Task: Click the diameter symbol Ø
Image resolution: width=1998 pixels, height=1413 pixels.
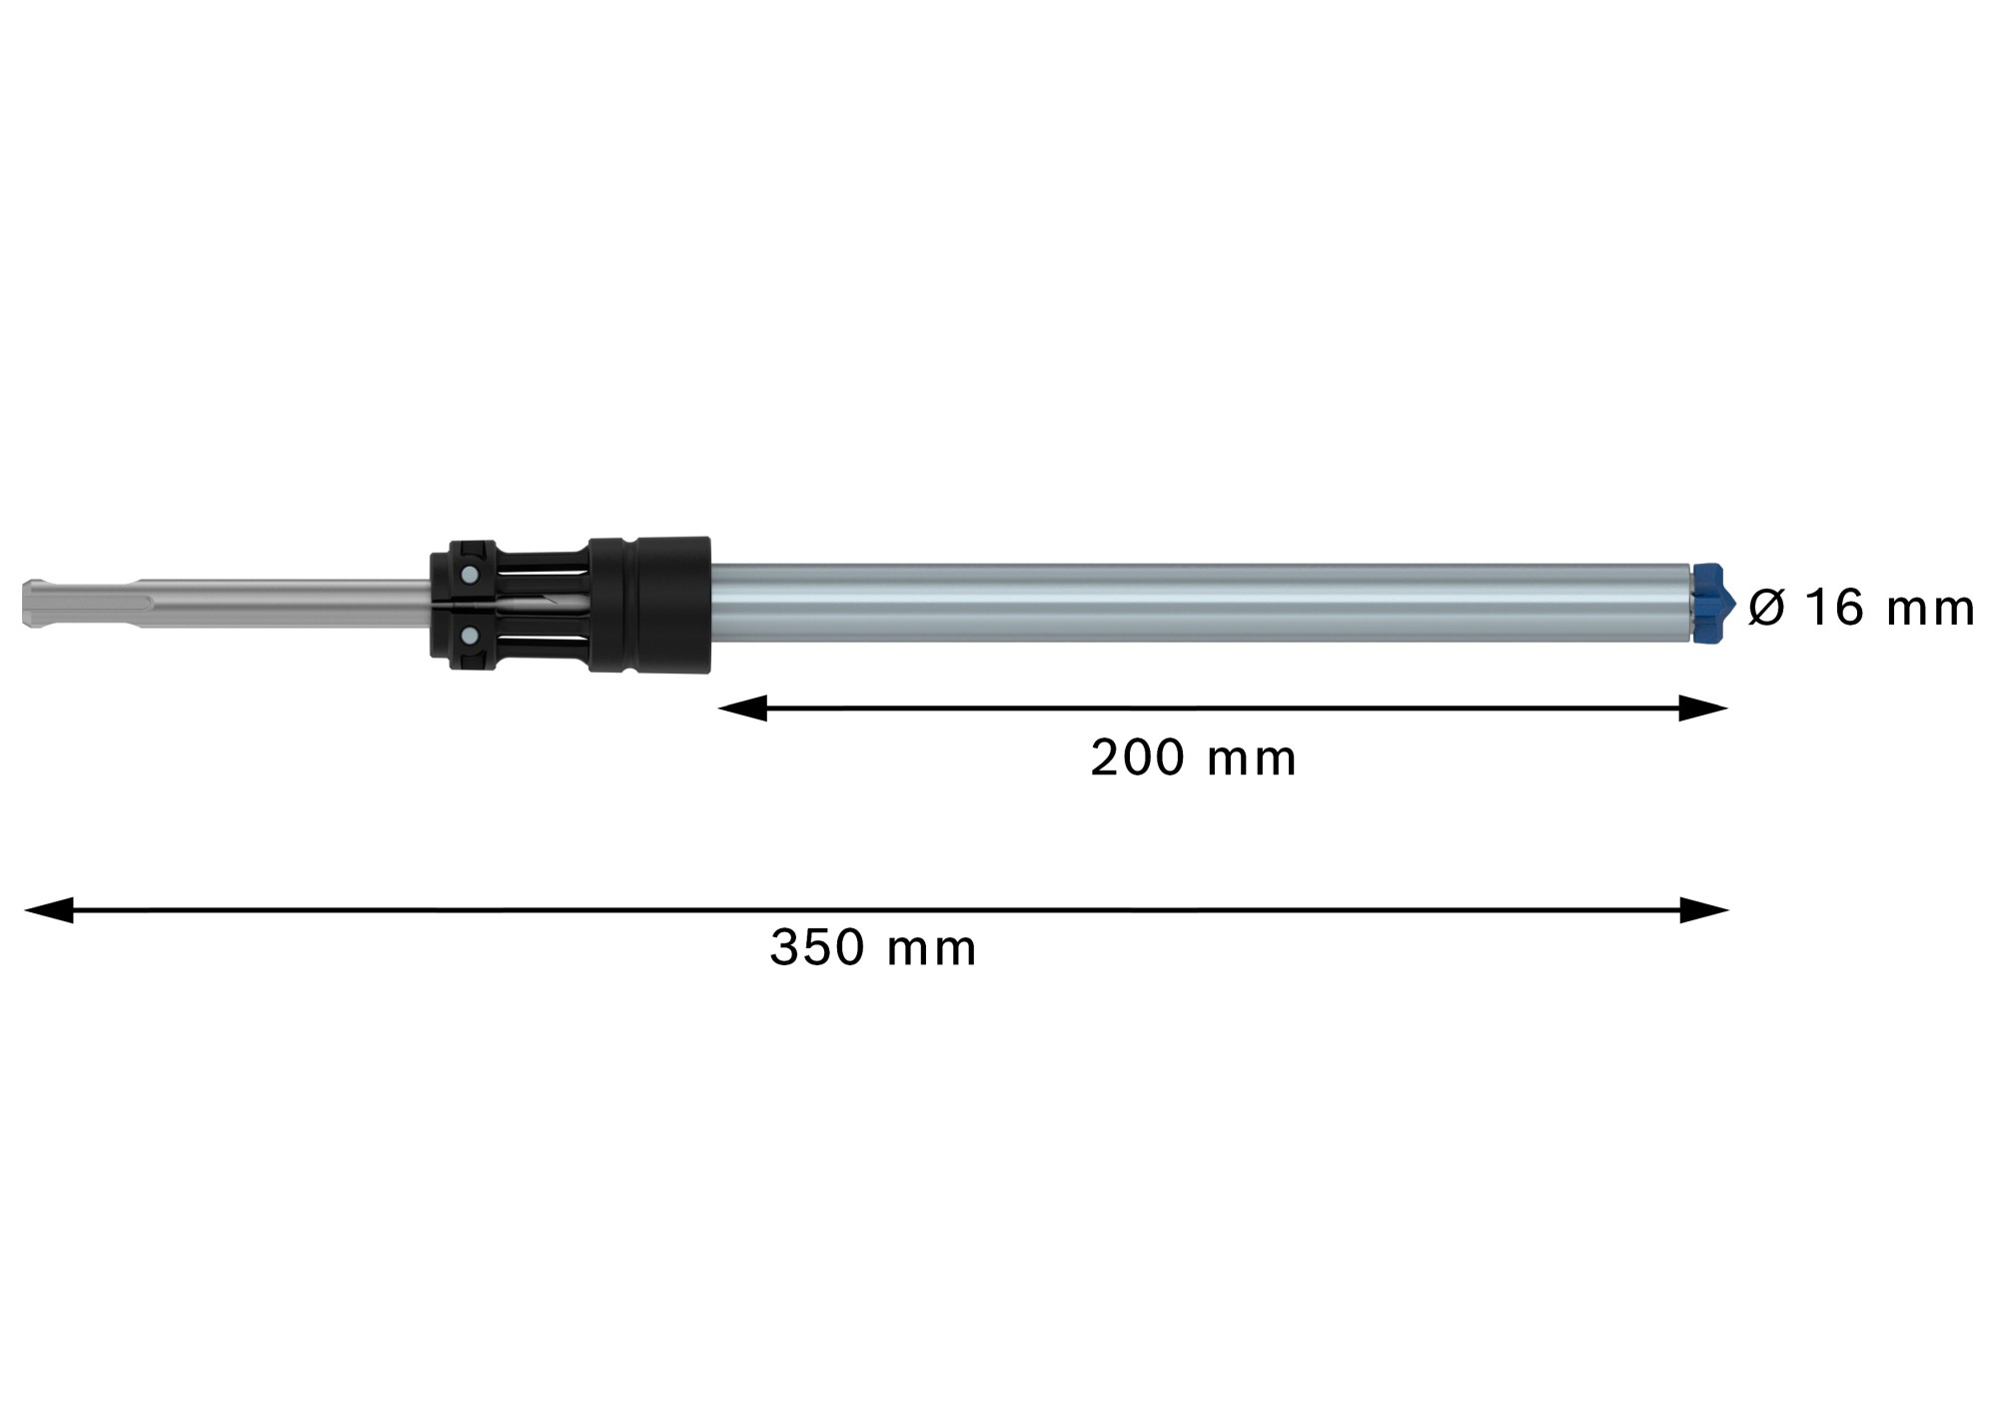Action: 1766,609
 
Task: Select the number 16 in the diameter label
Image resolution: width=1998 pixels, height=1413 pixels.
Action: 1835,609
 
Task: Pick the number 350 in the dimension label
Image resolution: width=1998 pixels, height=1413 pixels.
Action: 816,948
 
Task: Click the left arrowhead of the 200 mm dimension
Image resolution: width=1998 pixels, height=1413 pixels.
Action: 741,708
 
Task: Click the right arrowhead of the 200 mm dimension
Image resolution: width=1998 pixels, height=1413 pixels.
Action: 1703,708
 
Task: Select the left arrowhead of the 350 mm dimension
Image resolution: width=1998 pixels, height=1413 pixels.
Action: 48,910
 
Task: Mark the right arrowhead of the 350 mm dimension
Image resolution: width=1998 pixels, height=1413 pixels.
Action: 1704,910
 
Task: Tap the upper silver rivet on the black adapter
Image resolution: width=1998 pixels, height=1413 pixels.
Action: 467,575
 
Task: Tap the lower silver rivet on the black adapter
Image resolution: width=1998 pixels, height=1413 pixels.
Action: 467,634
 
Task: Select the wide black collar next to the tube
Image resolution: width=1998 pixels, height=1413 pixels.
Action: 649,605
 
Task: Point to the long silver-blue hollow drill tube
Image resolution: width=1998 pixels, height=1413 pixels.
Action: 1199,603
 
